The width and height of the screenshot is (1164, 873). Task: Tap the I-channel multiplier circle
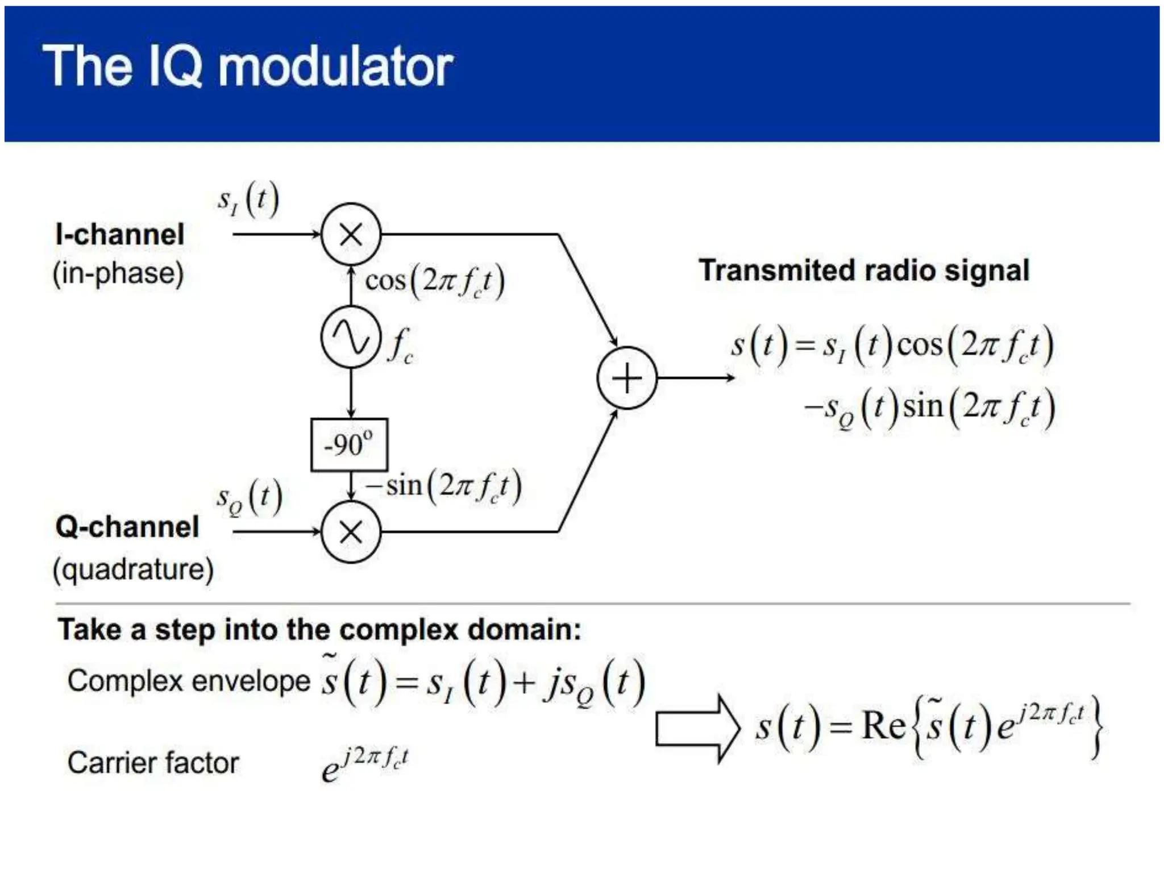[351, 234]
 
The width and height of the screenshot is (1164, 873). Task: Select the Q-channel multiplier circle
[351, 533]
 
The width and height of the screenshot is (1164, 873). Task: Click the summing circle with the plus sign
[627, 378]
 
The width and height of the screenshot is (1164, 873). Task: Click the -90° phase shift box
[349, 444]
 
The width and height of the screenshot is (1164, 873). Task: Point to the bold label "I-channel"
[120, 235]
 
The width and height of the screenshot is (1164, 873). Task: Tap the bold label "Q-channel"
[127, 527]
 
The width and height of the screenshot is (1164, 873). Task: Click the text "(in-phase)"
[118, 273]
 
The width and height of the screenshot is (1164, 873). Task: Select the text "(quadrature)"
[133, 569]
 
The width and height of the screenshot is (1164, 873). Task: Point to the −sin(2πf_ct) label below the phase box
[443, 487]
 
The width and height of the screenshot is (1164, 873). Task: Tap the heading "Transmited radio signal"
[864, 270]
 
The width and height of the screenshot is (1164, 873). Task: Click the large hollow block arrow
[698, 728]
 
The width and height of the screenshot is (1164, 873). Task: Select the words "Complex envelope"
[189, 681]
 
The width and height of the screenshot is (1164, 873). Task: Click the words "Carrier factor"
[153, 763]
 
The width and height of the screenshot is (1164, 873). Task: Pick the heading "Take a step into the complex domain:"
[319, 630]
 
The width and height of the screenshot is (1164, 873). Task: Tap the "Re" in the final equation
[883, 726]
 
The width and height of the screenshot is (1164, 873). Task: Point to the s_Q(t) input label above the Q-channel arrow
[249, 497]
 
